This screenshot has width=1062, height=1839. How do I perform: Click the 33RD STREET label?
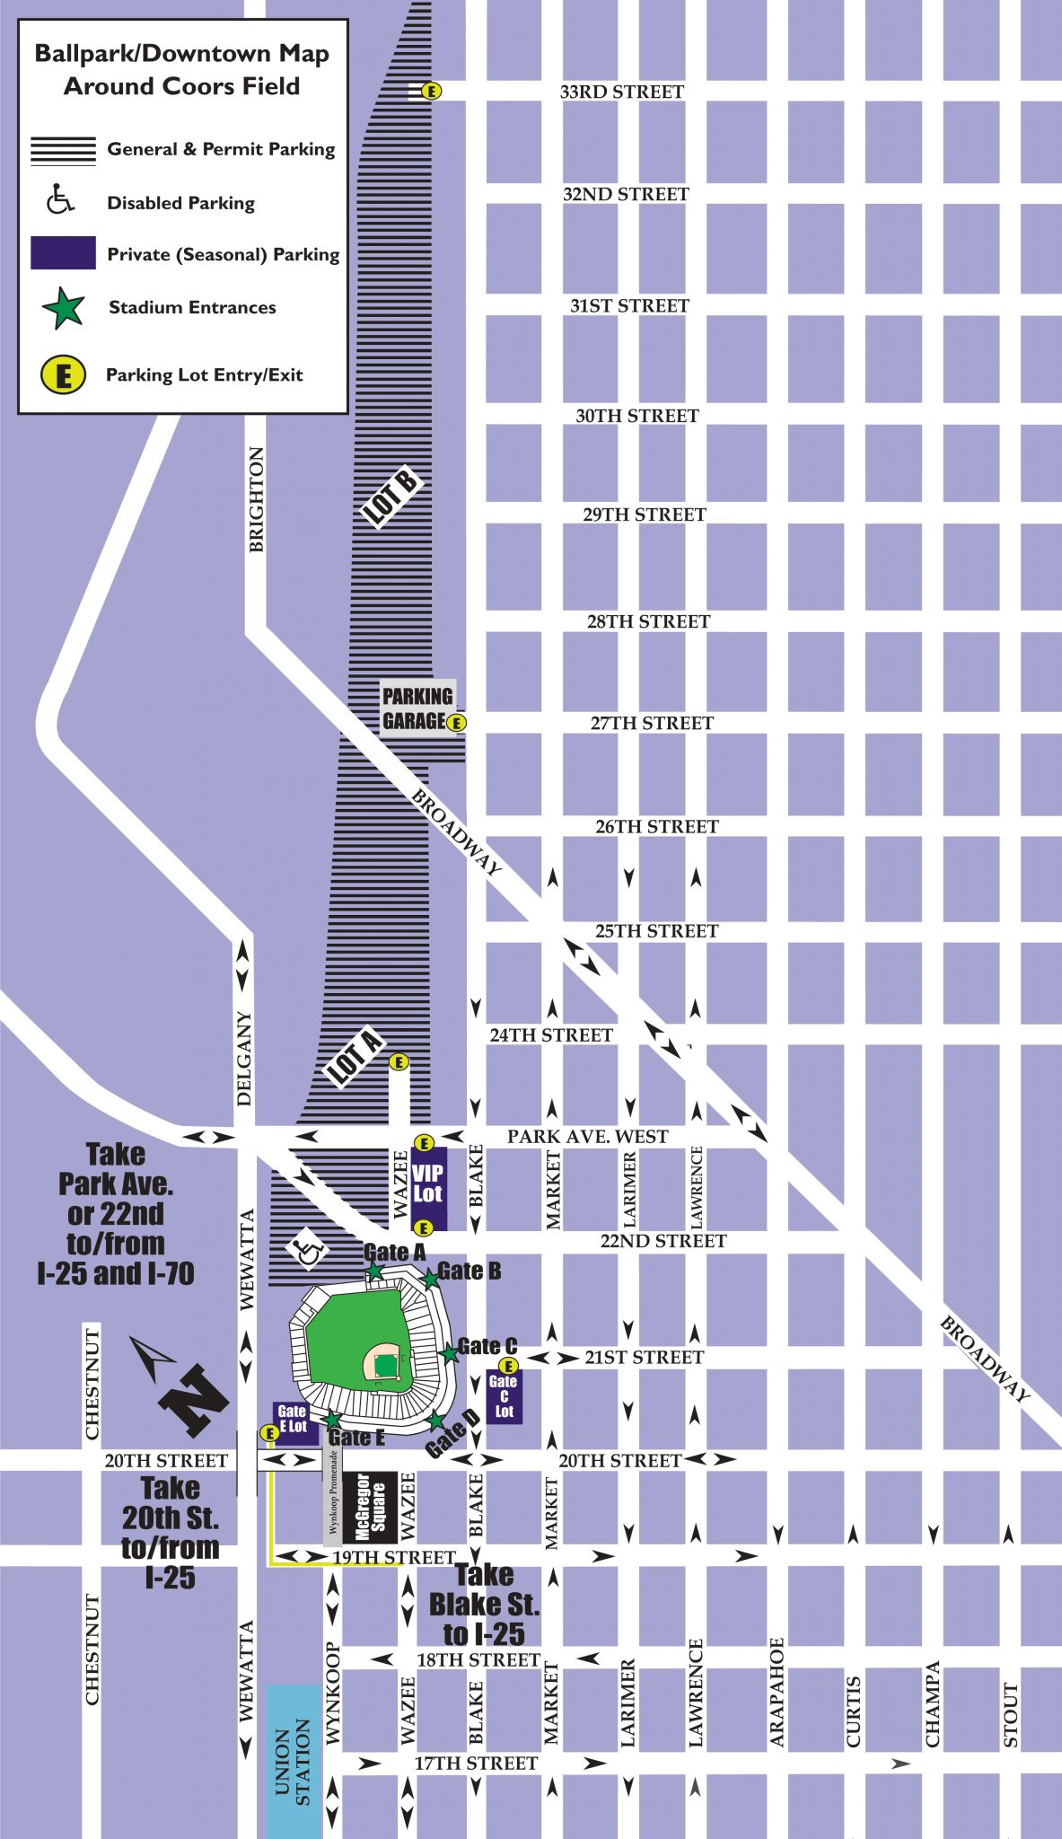(621, 92)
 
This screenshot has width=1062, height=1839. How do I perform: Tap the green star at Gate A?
(375, 1271)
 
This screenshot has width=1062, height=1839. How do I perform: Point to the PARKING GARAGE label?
(417, 708)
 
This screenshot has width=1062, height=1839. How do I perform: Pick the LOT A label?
(355, 1057)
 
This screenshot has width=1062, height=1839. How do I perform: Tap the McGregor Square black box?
(370, 1508)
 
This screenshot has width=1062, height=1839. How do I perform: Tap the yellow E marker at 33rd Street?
(432, 91)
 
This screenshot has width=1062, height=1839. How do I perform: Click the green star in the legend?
(64, 308)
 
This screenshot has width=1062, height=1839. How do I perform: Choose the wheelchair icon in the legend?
(60, 200)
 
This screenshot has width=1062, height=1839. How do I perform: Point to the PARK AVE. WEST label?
(587, 1137)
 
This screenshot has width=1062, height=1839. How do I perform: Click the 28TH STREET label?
(648, 621)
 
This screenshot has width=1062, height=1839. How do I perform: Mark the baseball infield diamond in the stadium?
(384, 1363)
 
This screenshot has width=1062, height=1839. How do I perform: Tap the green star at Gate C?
(448, 1353)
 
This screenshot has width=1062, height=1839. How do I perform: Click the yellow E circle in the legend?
(63, 374)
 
